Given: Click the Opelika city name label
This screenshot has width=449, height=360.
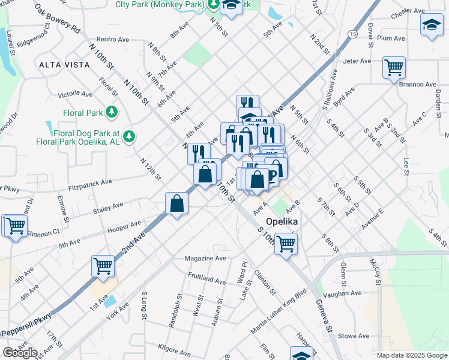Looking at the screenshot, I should pyautogui.click(x=283, y=221).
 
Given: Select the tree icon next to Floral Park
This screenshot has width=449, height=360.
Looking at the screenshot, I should pyautogui.click(x=111, y=112).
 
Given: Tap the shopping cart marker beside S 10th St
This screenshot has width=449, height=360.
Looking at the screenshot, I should pyautogui.click(x=286, y=243).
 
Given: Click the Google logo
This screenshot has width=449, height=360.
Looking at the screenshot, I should pyautogui.click(x=20, y=353).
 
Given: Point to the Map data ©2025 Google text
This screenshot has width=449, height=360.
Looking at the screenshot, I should pyautogui.click(x=412, y=355).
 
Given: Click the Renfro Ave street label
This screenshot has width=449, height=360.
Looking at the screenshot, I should pyautogui.click(x=113, y=40).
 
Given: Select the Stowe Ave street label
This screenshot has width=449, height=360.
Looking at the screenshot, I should pyautogui.click(x=353, y=337).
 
